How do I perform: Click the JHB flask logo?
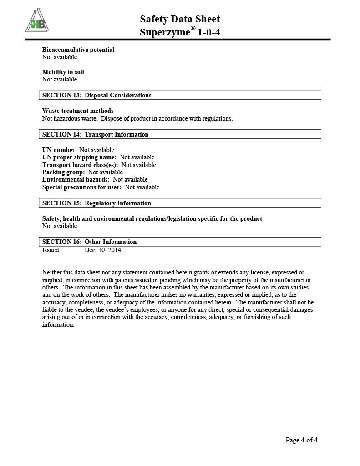(38, 21)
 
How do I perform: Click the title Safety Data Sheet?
(180, 19)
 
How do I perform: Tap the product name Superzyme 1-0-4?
(180, 33)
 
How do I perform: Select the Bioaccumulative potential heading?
(78, 50)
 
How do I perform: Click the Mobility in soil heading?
(63, 72)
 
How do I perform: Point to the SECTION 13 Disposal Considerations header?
(97, 95)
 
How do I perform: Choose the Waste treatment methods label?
(78, 111)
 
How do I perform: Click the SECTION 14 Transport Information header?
(96, 134)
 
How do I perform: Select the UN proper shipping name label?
(79, 157)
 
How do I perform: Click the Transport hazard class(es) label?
(80, 165)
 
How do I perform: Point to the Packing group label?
(64, 172)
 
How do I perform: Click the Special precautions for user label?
(82, 187)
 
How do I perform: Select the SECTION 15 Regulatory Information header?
(97, 203)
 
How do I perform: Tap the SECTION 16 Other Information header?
(90, 242)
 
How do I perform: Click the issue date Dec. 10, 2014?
(103, 250)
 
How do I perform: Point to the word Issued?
(51, 250)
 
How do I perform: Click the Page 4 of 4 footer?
(301, 440)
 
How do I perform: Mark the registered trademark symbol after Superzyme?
(193, 29)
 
